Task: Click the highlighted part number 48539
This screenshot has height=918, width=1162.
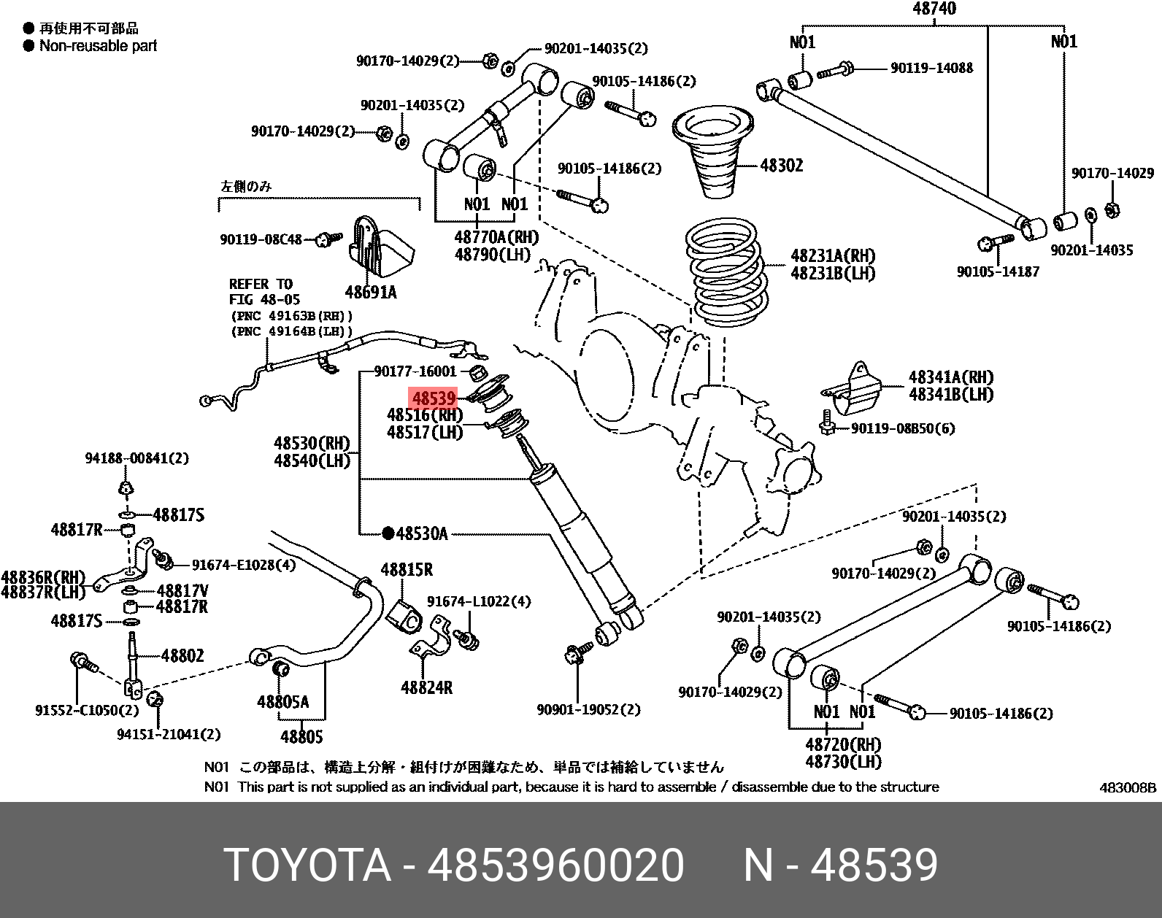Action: [x=434, y=398]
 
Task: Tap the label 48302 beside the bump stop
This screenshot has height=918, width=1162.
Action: [x=781, y=166]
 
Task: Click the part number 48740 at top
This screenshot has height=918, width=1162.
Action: [x=934, y=9]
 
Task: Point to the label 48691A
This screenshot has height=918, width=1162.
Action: [x=371, y=293]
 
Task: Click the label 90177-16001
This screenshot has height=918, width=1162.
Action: [x=415, y=371]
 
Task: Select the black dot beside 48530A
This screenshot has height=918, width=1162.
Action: [x=388, y=533]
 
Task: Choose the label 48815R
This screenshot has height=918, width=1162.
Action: [x=407, y=570]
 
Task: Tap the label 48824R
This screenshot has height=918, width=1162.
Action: [x=426, y=687]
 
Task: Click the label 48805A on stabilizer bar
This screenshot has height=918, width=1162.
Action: [x=282, y=702]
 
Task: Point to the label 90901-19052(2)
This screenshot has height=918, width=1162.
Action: [x=588, y=709]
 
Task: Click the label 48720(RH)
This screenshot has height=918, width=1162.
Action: [x=843, y=744]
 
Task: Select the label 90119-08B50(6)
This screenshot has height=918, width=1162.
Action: [x=903, y=428]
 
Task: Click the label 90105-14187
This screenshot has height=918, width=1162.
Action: [x=998, y=271]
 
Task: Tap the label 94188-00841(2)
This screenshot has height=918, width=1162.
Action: [x=136, y=458]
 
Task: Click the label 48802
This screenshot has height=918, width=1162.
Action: [x=182, y=655]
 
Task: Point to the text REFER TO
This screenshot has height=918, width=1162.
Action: [x=260, y=284]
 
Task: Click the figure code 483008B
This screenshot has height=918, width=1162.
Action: [x=1128, y=788]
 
